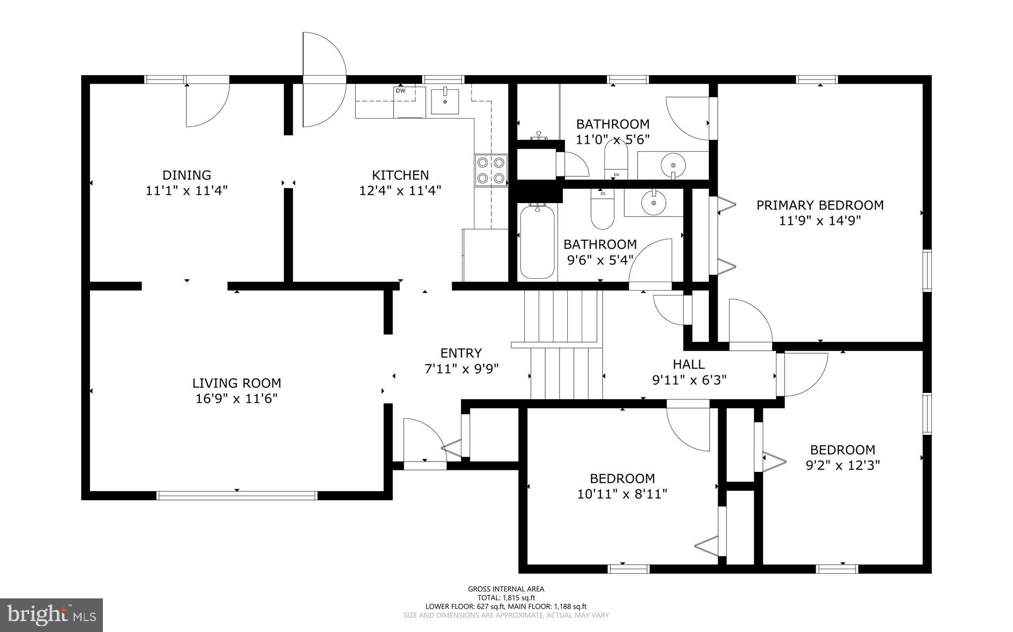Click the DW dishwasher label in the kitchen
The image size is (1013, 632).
[x=400, y=91]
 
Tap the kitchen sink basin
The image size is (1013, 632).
[x=445, y=101]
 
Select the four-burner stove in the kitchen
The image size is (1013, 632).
[x=491, y=170]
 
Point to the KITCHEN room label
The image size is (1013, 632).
[x=400, y=175]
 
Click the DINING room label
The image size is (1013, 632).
[x=186, y=175]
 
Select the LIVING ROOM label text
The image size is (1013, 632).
[x=236, y=383]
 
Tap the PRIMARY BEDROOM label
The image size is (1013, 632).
[x=820, y=205]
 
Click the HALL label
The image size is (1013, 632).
[x=689, y=365]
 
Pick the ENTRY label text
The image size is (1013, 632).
[x=461, y=353]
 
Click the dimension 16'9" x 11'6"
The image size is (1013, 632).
[x=236, y=398]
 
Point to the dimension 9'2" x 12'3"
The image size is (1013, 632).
[x=842, y=465]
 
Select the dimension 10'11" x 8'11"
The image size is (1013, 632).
[x=622, y=494]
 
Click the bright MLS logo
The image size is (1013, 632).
[x=51, y=615]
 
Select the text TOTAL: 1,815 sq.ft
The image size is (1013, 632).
[x=506, y=597]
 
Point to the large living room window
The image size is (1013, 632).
[x=237, y=496]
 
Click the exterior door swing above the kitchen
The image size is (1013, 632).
[x=324, y=79]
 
